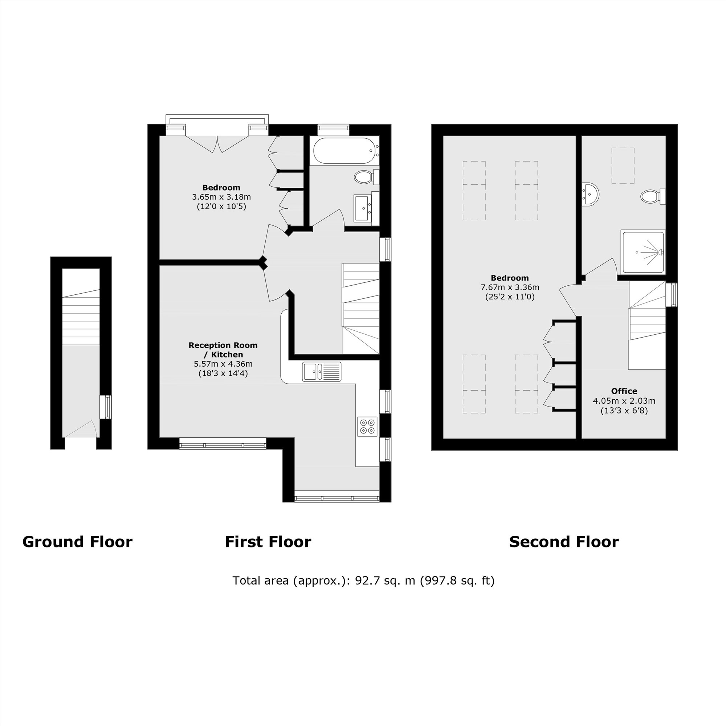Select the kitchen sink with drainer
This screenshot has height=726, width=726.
322,372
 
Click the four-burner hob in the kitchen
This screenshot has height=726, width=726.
367,427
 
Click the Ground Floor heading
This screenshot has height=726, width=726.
77,542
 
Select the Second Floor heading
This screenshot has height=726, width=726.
564,542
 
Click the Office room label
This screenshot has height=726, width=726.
624,391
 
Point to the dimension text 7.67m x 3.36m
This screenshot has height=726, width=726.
510,287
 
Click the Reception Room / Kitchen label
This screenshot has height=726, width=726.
223,350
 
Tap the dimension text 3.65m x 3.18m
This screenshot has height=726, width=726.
221,197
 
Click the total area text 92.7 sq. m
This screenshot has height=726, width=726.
363,580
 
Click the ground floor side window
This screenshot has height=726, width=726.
106,407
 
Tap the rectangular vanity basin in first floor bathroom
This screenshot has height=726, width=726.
363,208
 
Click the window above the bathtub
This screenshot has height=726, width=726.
333,130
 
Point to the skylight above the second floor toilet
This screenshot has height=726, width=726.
623,166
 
